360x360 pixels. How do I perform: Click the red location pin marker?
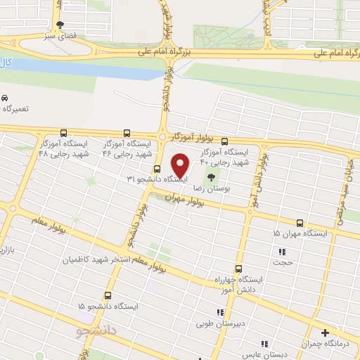(181, 166)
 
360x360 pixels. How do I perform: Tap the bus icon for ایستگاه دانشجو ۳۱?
(156, 169)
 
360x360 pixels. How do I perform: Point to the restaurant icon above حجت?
(283, 252)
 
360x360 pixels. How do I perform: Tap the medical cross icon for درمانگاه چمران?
(325, 333)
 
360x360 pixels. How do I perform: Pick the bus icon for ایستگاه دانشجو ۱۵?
(108, 296)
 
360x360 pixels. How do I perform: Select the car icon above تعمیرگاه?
(6, 98)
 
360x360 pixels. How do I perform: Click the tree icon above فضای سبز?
(59, 23)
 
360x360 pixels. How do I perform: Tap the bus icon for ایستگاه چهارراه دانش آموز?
(238, 269)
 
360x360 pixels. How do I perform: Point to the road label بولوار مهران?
(185, 200)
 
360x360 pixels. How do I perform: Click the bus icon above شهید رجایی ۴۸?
(64, 132)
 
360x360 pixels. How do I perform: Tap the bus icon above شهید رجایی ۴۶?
(127, 132)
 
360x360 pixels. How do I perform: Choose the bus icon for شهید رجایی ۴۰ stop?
(224, 141)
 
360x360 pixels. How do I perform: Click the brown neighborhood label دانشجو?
(98, 328)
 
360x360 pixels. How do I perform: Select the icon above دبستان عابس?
(264, 344)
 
